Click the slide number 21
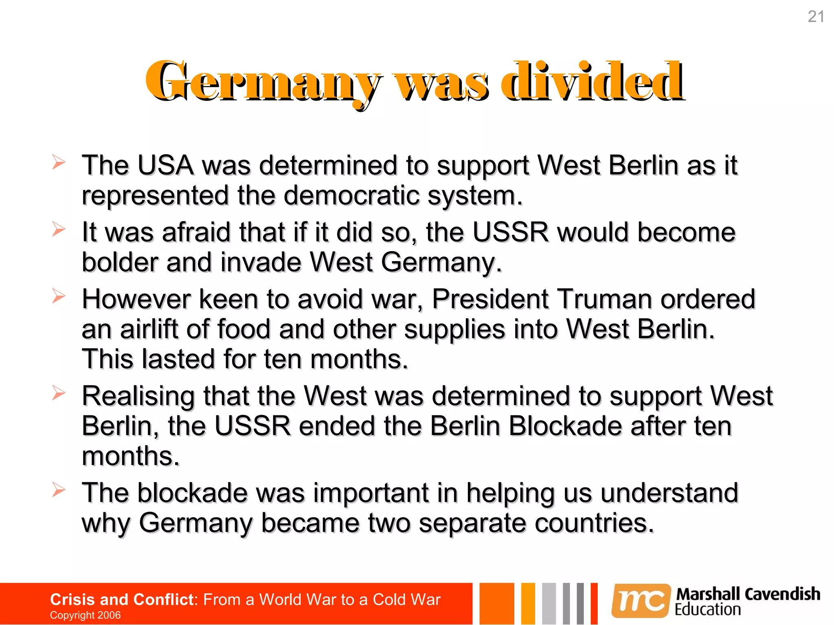pyautogui.click(x=816, y=17)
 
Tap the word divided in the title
pyautogui.click(x=593, y=81)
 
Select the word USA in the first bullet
pyautogui.click(x=165, y=166)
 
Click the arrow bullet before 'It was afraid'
pyautogui.click(x=59, y=229)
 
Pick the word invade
pyautogui.click(x=261, y=262)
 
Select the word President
pyautogui.click(x=490, y=299)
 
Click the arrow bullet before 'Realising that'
pyautogui.click(x=59, y=393)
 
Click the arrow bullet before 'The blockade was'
pyautogui.click(x=59, y=490)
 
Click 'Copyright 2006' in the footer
pyautogui.click(x=85, y=615)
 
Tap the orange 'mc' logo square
pyautogui.click(x=641, y=601)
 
